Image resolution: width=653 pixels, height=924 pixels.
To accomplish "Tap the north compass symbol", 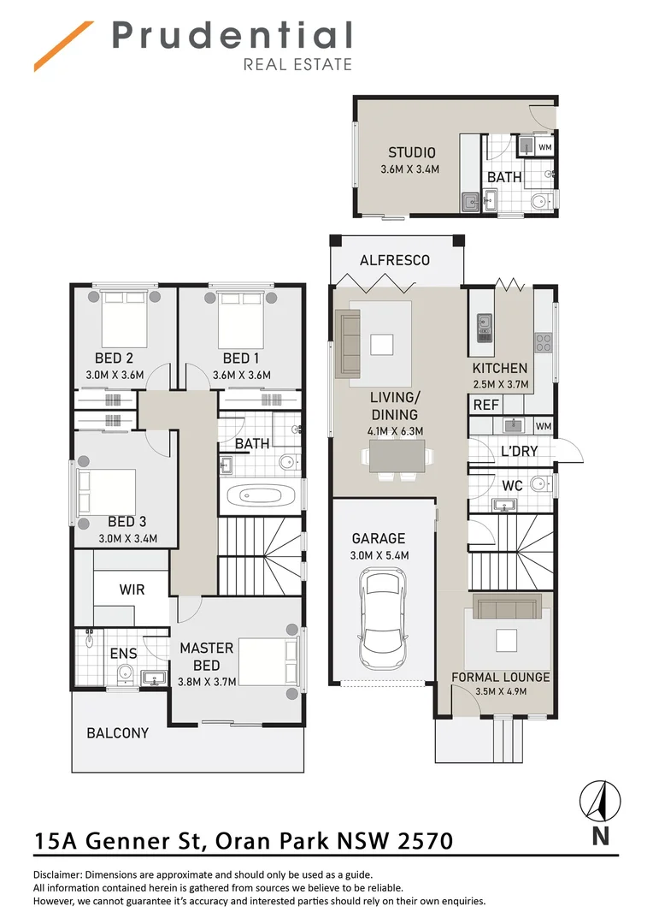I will tap(600, 802).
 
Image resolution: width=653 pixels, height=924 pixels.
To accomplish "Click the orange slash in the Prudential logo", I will tap(64, 46).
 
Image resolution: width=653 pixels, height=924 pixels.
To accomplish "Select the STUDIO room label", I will tap(411, 153).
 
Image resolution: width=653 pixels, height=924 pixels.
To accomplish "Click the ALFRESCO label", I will tap(394, 260).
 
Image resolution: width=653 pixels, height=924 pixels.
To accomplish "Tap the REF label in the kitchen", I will tap(485, 405).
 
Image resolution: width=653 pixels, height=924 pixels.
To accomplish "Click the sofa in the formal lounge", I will tap(508, 607).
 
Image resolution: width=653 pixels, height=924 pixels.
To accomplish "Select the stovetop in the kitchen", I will tap(543, 342).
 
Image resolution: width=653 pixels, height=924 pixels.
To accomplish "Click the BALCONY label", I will tap(117, 733).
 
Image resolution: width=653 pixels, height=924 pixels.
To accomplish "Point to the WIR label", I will tap(132, 589).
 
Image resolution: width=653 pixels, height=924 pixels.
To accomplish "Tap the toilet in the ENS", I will tap(126, 674).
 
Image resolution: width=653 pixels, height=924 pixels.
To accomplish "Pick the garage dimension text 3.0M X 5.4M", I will tap(380, 555).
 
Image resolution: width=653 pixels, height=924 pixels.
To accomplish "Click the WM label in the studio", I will tap(544, 147).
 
